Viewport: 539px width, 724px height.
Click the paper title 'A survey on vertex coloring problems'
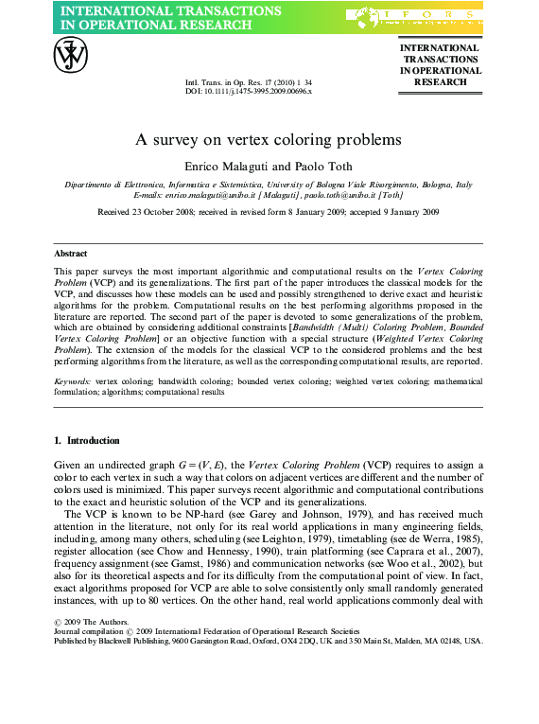click(x=269, y=140)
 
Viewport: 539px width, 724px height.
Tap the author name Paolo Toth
click(x=300, y=166)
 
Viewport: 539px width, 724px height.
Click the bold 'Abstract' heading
click(x=71, y=254)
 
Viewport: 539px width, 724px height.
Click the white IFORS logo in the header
click(x=413, y=15)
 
